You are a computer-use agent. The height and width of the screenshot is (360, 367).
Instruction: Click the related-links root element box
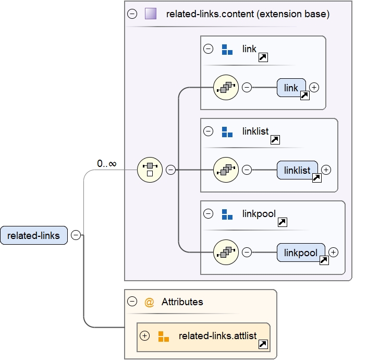[x=34, y=235]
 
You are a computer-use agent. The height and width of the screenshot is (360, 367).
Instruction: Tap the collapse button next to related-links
[x=76, y=235]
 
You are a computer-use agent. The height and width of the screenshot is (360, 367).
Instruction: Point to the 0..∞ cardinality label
[x=106, y=164]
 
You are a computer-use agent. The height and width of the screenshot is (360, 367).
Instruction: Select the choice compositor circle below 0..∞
[x=150, y=170]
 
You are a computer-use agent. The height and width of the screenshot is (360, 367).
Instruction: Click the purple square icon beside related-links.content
[x=151, y=14]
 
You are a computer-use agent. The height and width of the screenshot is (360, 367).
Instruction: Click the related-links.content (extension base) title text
[x=248, y=14]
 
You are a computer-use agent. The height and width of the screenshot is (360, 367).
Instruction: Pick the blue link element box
[x=291, y=88]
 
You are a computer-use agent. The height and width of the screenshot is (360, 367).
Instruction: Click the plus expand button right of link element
[x=314, y=88]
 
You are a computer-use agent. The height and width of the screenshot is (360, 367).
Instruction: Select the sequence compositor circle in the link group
[x=226, y=88]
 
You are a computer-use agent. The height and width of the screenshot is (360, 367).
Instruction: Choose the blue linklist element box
[x=297, y=170]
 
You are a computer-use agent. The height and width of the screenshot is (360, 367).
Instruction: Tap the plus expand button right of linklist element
[x=326, y=170]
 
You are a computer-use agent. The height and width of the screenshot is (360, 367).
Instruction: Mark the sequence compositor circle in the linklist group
[x=226, y=170]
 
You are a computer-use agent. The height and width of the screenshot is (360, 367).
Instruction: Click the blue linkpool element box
[x=301, y=253]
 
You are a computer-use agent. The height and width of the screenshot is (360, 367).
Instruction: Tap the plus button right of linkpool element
[x=334, y=252]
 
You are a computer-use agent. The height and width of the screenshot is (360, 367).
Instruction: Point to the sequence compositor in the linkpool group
[x=226, y=252]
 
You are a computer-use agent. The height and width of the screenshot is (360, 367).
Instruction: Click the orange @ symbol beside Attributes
[x=149, y=302]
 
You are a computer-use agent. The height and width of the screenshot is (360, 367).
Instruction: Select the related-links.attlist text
[x=217, y=336]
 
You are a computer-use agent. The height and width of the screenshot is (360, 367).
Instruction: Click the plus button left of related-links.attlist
[x=145, y=336]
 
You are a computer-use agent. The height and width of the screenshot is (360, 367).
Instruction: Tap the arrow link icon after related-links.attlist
[x=263, y=344]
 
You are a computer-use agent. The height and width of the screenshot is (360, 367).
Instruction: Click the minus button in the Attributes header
[x=132, y=302]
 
